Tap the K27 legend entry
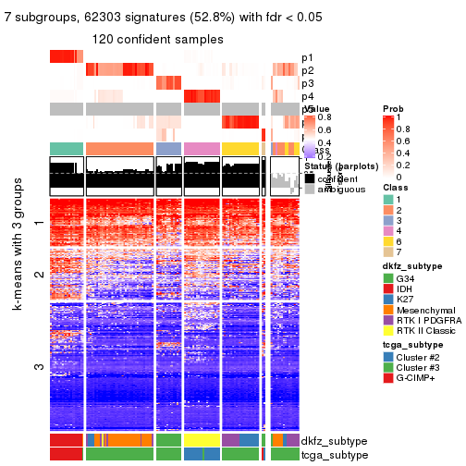pyautogui.click(x=387, y=304)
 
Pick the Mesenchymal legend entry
pyautogui.click(x=387, y=317)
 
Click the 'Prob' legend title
pyautogui.click(x=392, y=109)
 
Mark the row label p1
pyautogui.click(x=307, y=57)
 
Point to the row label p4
pyautogui.click(x=307, y=96)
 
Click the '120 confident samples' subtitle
pyautogui.click(x=157, y=39)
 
